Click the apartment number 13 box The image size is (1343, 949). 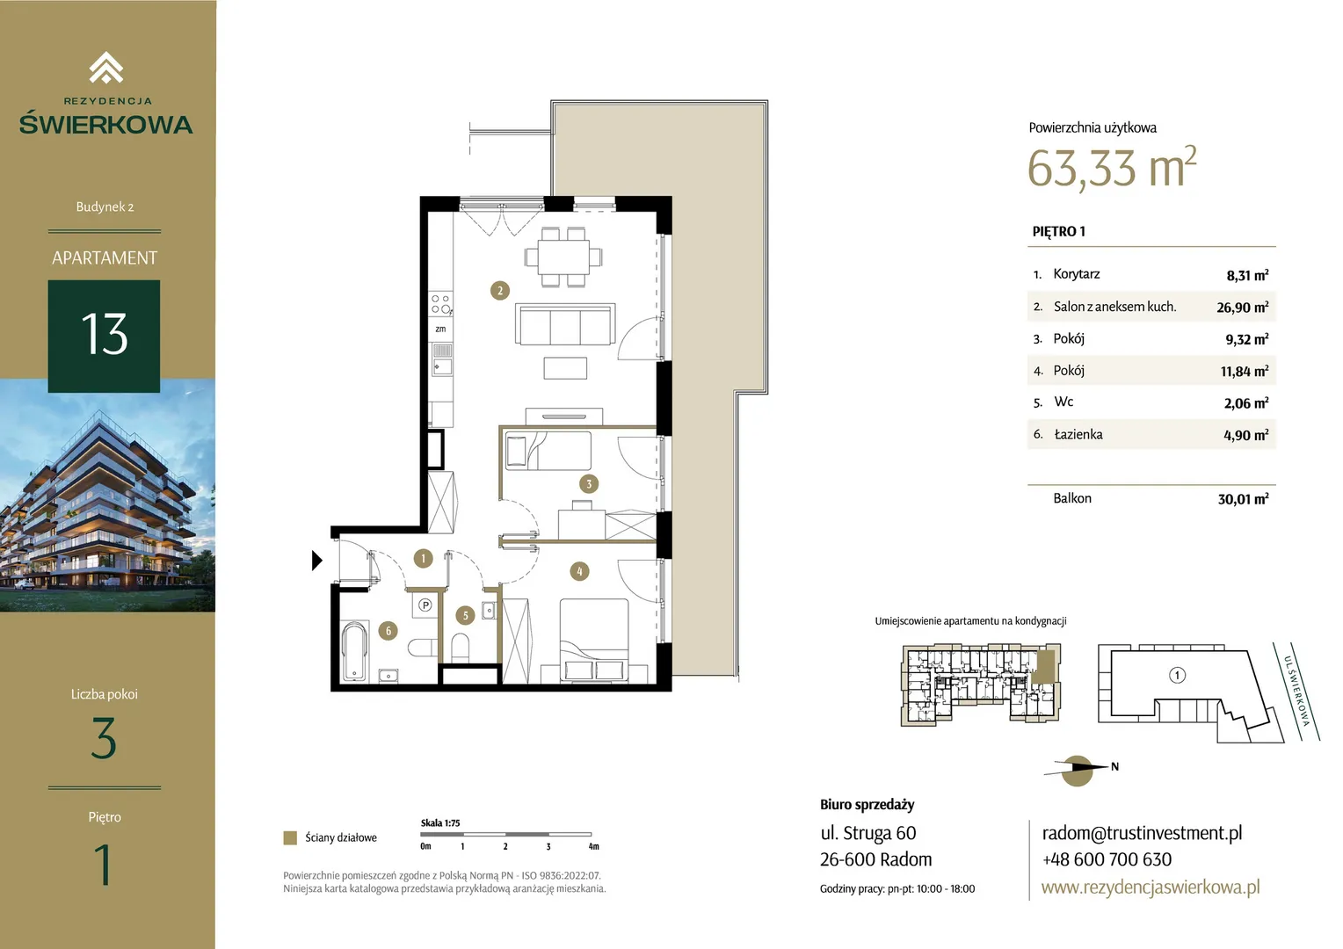(x=104, y=336)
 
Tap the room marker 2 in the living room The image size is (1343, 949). (x=500, y=291)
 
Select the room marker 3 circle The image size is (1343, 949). (x=589, y=484)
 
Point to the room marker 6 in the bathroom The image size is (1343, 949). (x=388, y=631)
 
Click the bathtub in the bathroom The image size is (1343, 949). (x=354, y=651)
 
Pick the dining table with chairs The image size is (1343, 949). (x=563, y=257)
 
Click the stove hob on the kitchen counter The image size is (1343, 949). (x=441, y=304)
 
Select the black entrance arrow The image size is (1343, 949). (x=317, y=561)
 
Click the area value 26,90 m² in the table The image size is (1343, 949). (x=1242, y=307)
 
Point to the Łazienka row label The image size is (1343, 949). (x=1078, y=434)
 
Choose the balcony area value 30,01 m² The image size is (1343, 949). (x=1243, y=499)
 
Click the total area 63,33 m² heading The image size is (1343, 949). (x=1112, y=167)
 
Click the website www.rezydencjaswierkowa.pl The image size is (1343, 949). (x=1151, y=887)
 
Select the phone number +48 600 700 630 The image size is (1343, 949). (x=1107, y=859)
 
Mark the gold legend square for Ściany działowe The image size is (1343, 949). (x=290, y=837)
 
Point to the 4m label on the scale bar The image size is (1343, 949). (x=593, y=846)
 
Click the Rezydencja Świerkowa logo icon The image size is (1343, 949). (x=106, y=68)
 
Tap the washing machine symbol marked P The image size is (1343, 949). (x=425, y=605)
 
